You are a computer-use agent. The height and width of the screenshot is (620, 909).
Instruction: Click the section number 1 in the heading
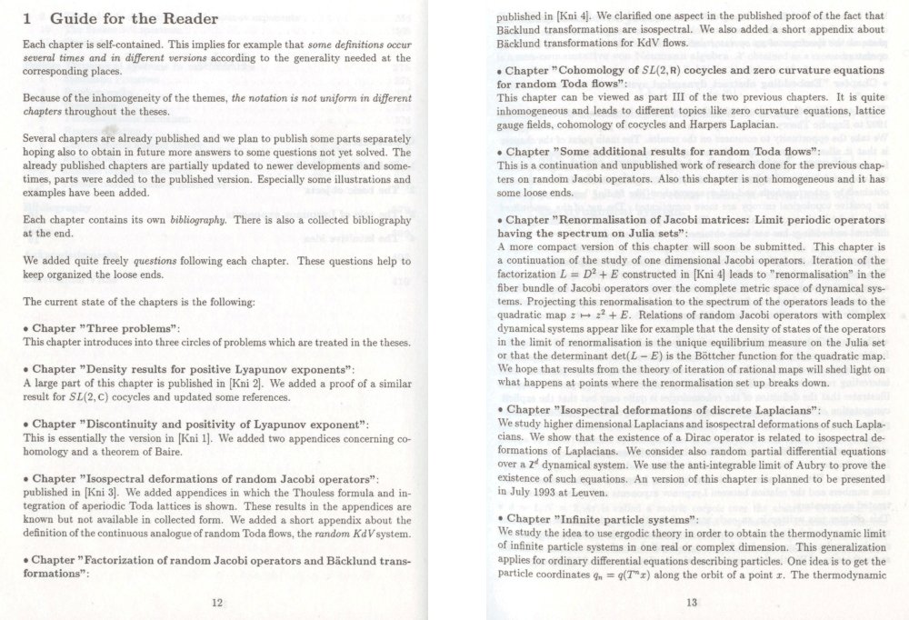coord(28,18)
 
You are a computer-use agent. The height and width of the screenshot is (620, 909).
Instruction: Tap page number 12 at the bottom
coord(216,602)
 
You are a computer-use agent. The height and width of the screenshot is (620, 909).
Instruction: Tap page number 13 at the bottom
coord(692,602)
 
